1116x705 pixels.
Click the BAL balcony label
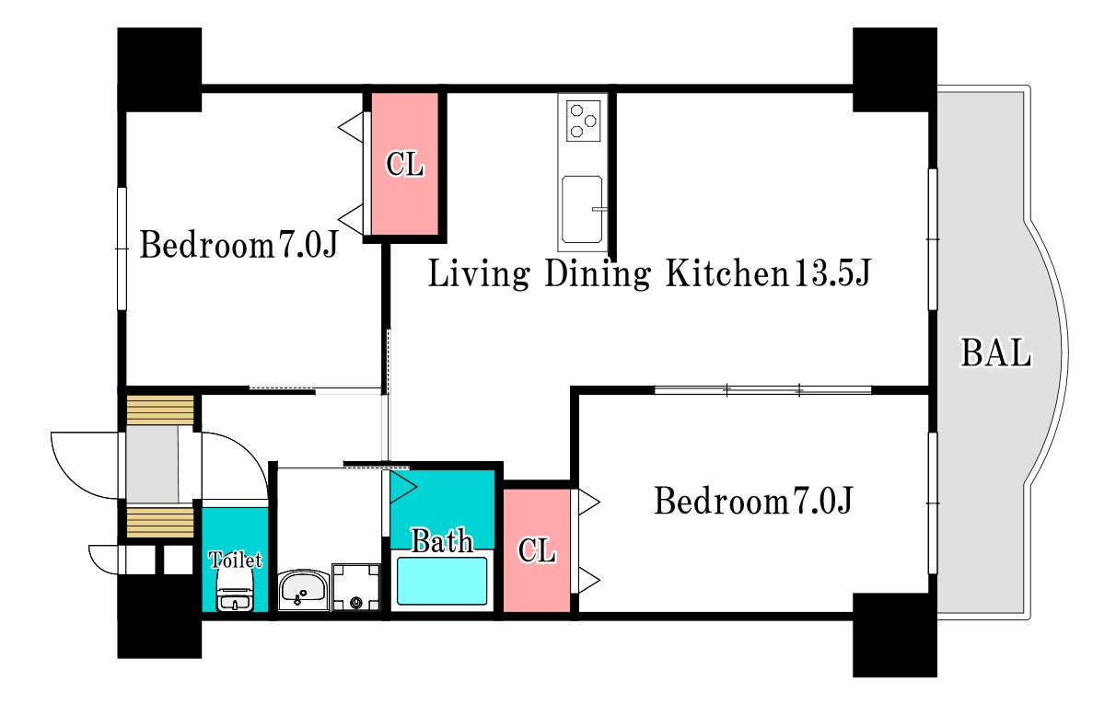[996, 352]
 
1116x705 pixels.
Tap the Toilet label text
[235, 560]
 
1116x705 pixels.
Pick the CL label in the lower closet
[537, 550]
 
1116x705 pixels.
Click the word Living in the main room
[478, 273]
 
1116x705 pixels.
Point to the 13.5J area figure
[831, 272]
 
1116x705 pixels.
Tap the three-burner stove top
[583, 121]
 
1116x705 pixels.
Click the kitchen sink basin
[582, 209]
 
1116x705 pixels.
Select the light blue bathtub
[441, 581]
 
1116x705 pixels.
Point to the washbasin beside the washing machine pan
[304, 591]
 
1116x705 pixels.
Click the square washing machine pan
[356, 587]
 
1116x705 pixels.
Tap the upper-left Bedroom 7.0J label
[239, 245]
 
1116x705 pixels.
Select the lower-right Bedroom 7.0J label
[753, 501]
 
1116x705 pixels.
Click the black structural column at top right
[895, 70]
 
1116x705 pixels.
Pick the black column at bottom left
[159, 617]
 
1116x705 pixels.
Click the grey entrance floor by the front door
[152, 464]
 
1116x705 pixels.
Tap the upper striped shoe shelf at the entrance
[160, 410]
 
